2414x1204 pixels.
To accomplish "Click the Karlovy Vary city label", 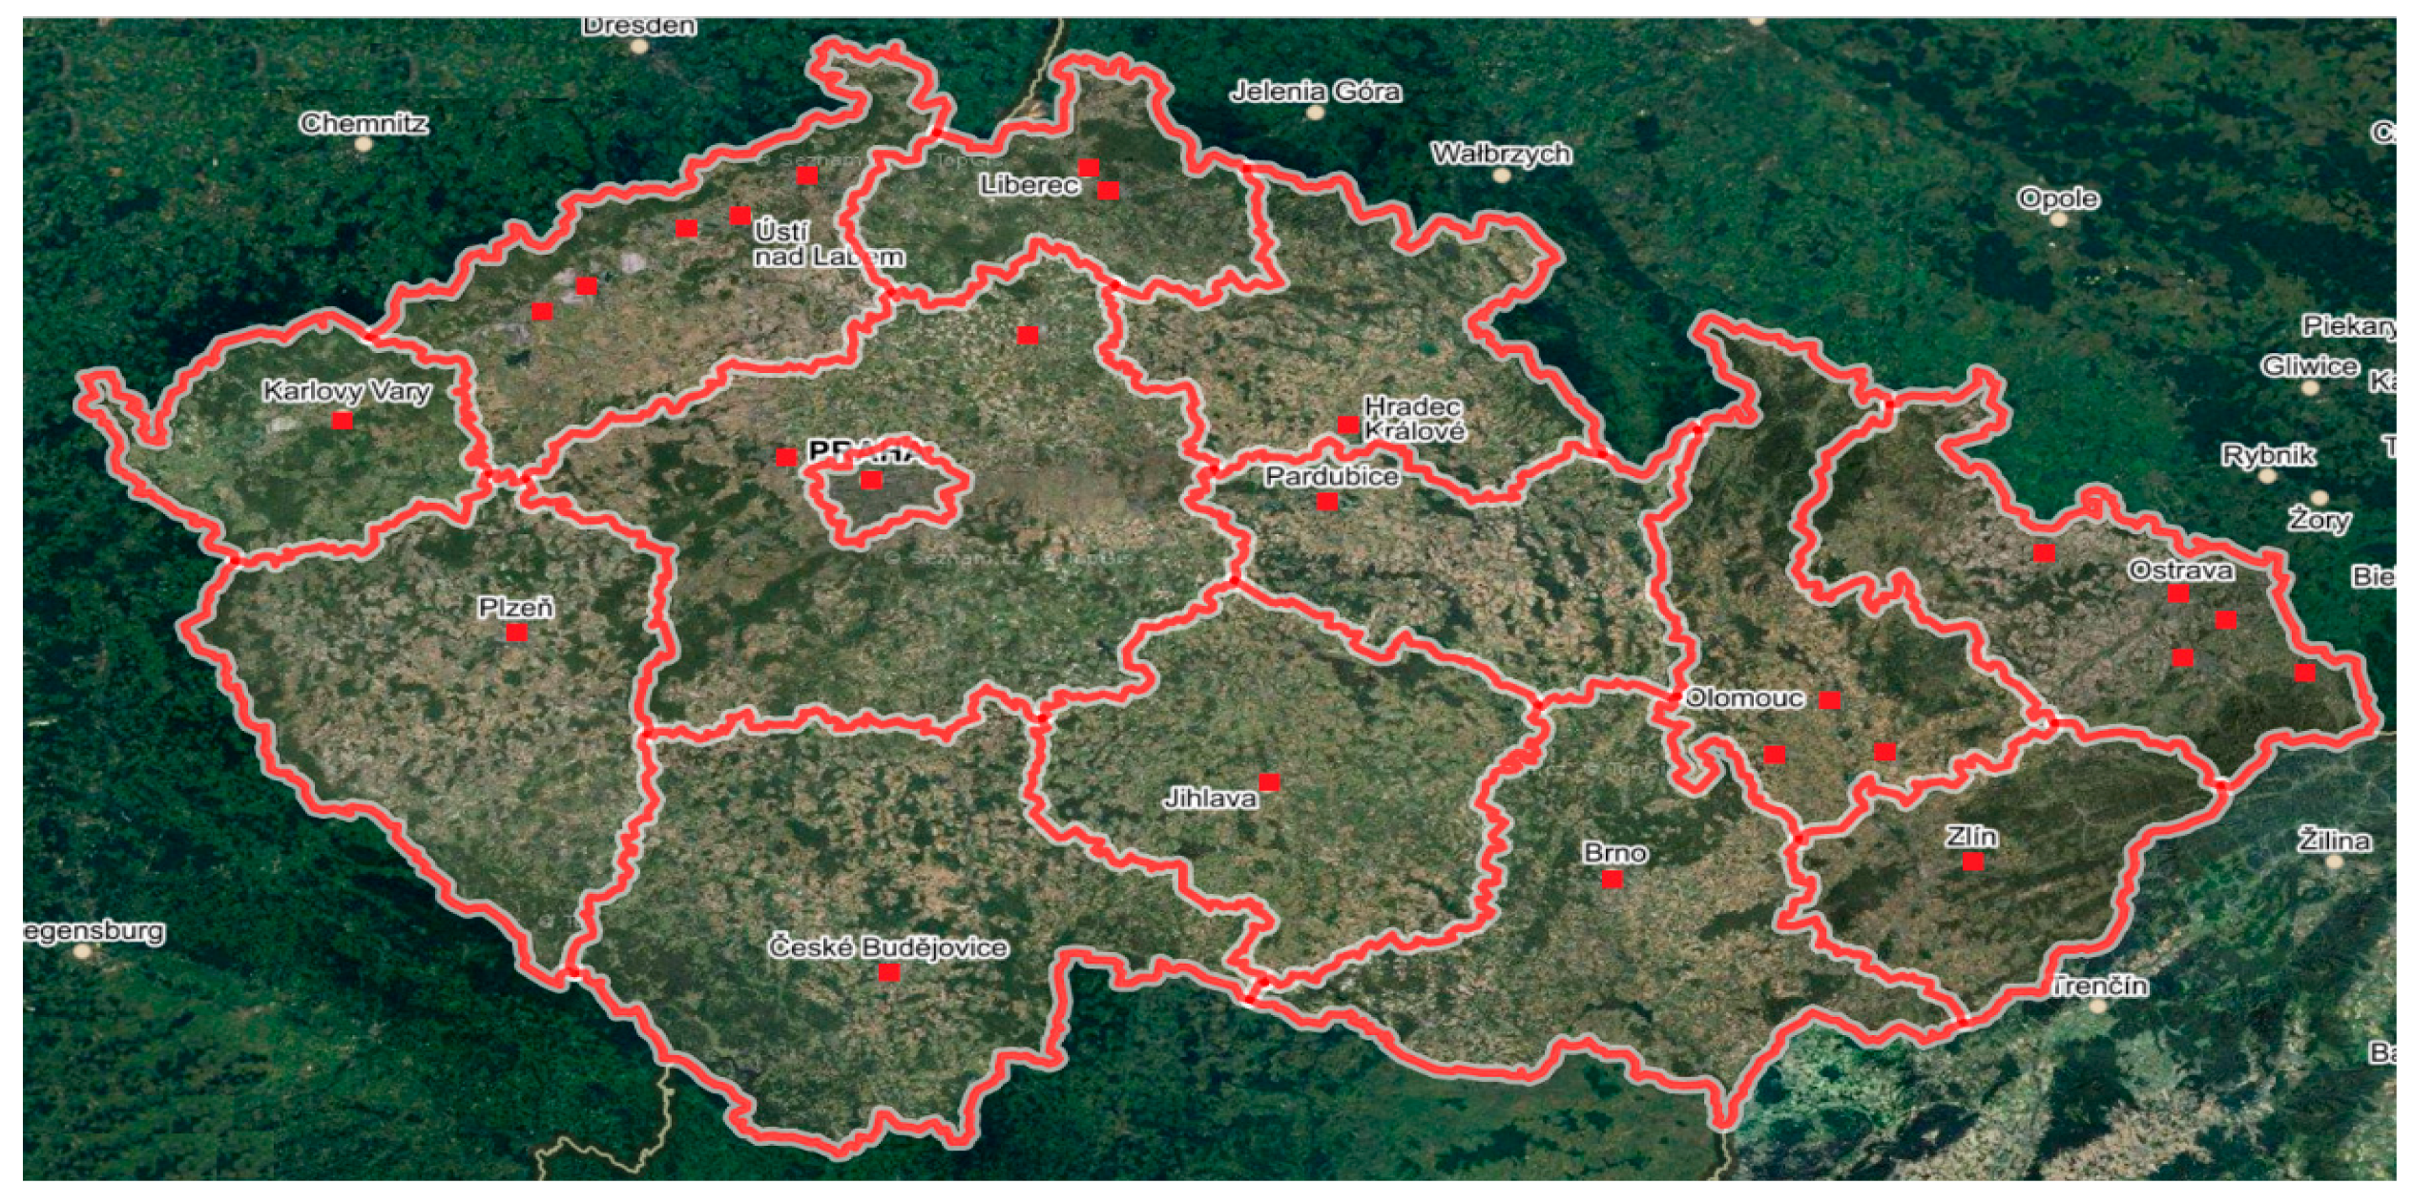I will click(x=346, y=391).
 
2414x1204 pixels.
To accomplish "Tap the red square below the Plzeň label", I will click(x=516, y=633).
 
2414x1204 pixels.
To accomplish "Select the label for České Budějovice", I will click(x=888, y=947).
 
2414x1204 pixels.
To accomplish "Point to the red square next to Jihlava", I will click(x=1269, y=782).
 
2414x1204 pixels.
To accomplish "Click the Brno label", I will click(x=1614, y=852).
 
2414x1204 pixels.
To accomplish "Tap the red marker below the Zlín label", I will click(x=1973, y=862).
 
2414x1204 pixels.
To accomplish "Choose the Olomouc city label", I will click(x=1744, y=698).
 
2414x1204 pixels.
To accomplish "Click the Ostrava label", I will click(x=2180, y=571).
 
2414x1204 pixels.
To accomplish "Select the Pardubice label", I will click(x=1332, y=476).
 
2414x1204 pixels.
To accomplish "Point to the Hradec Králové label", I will click(x=1414, y=419).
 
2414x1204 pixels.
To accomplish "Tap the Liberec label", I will click(x=1030, y=185).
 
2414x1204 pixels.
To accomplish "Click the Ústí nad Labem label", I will click(x=826, y=244).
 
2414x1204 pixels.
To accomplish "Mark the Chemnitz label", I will click(x=364, y=123).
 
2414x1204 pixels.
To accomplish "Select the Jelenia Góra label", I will click(x=1316, y=92).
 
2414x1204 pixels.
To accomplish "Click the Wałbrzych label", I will click(x=1501, y=154).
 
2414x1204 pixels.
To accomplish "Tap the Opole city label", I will click(x=2058, y=198).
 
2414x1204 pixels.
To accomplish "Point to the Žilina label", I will click(x=2334, y=841).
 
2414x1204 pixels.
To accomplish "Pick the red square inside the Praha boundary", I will click(x=871, y=480).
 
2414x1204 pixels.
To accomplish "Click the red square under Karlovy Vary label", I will click(x=343, y=421).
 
